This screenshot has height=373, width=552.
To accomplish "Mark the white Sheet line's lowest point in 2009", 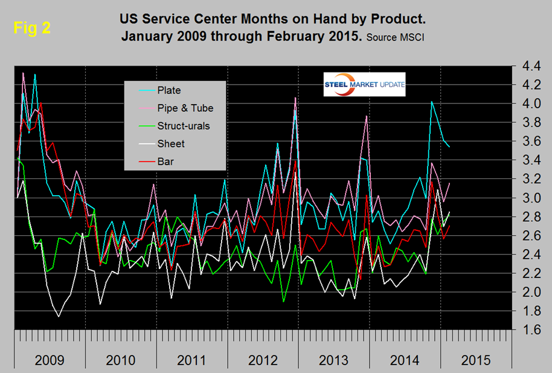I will (x=59, y=316).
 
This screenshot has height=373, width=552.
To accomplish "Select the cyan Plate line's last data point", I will (x=449, y=147).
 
